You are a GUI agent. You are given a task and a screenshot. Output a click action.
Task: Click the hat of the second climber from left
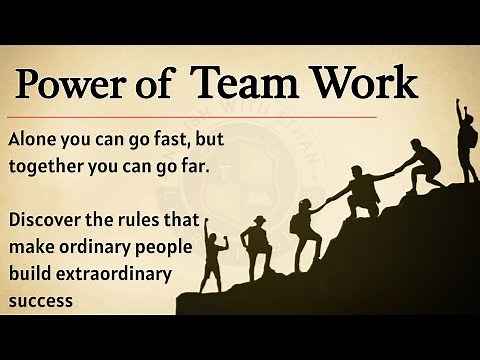point(259,219)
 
